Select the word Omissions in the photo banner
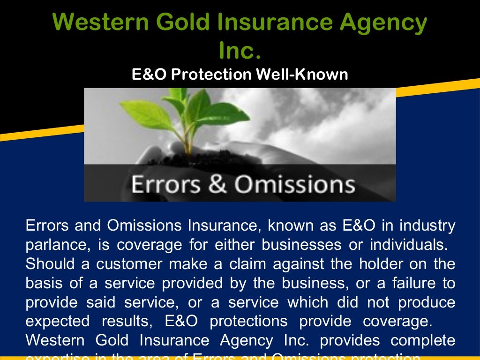click(x=294, y=184)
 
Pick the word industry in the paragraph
click(x=427, y=226)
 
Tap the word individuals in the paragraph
click(x=403, y=245)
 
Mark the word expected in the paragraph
click(x=57, y=322)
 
